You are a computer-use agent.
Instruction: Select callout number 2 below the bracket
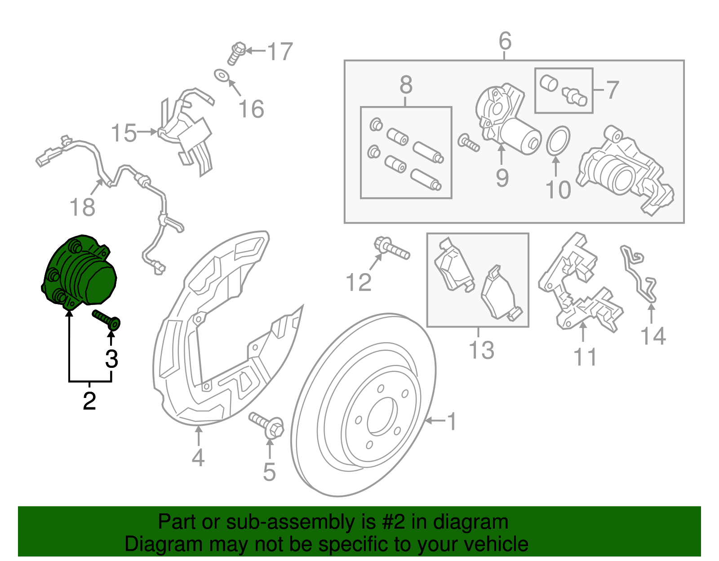89,401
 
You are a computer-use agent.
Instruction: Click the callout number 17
280,52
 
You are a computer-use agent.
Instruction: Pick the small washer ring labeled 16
221,76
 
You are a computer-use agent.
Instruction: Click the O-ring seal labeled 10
558,140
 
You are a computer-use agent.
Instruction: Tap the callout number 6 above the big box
505,41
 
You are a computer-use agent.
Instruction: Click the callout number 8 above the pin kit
406,85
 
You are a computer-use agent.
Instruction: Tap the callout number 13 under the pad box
481,350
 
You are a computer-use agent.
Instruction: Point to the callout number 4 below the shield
198,458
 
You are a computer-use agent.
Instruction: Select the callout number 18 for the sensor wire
83,208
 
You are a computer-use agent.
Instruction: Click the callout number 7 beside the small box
612,90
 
